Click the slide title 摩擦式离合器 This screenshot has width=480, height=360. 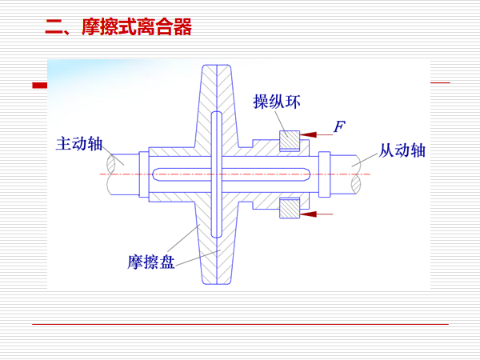point(137,29)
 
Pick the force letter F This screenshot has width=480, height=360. point(338,126)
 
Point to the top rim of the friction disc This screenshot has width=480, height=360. point(215,69)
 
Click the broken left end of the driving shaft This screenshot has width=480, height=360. point(117,173)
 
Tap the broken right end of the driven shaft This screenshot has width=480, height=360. point(358,173)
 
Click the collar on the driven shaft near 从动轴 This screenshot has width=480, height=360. point(325,174)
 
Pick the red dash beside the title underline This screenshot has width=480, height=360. point(39,84)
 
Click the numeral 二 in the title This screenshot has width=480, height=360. point(54,29)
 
